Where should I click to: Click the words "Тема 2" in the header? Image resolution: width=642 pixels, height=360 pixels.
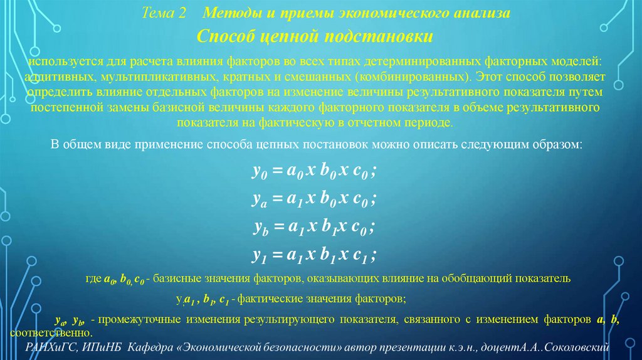point(164,14)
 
